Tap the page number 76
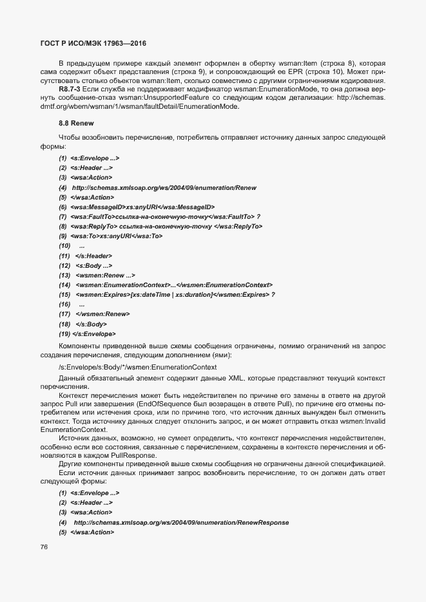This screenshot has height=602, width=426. tap(44, 547)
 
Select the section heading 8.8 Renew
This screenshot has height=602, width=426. tap(75, 121)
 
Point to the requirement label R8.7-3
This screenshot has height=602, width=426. tap(70, 89)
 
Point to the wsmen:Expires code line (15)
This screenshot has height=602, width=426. tap(174, 294)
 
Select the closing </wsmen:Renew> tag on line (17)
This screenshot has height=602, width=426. tap(102, 314)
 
